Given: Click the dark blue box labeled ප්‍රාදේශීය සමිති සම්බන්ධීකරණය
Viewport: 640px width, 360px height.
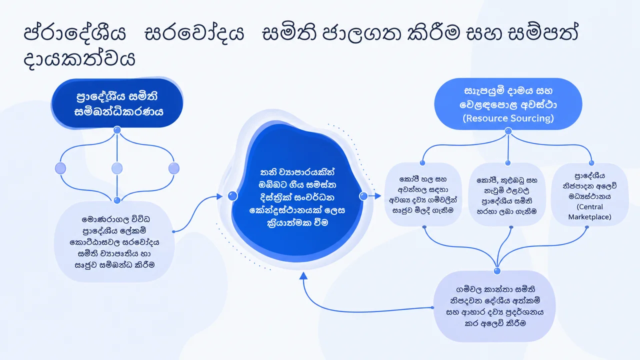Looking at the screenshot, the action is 117,103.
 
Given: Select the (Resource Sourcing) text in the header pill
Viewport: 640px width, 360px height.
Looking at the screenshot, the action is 508,118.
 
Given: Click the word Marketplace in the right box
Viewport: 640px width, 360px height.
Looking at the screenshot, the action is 589,217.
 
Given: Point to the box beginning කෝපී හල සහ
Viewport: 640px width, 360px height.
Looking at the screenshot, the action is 423,194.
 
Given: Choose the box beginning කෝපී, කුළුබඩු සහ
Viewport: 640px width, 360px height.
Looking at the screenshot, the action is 507,195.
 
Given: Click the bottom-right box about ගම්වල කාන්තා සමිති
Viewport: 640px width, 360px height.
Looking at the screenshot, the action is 494,306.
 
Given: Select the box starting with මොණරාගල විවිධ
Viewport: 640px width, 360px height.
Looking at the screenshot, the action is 114,241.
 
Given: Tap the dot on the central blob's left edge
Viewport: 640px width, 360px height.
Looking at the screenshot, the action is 233,196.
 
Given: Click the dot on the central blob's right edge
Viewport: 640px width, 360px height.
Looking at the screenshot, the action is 363,196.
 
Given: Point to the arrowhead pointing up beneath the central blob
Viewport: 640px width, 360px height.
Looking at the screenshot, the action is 303,275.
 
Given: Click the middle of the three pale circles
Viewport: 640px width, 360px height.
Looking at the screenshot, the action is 117,168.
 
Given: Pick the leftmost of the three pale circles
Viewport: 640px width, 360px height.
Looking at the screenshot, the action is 60,168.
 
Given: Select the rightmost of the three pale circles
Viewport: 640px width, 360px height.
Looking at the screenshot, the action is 174,168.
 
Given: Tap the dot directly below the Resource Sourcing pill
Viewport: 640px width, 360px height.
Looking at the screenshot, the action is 508,131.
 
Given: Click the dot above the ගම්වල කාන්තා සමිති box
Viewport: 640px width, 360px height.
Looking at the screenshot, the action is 497,271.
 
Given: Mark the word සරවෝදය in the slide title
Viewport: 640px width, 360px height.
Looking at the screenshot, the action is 194,32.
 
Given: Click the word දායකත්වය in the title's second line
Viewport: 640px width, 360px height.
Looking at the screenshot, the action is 79,59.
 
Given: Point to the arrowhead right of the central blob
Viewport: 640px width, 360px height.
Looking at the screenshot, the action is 378,196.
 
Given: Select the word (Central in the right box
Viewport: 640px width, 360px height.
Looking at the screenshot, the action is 589,206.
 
